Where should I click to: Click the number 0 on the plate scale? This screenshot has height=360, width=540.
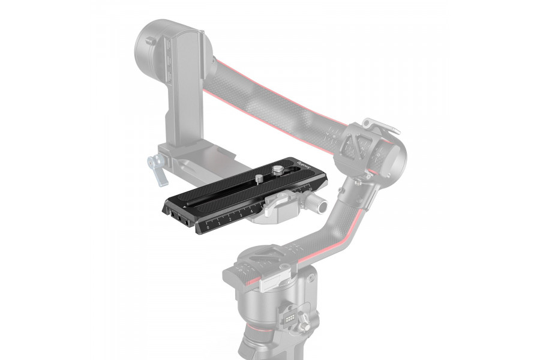point(208,228)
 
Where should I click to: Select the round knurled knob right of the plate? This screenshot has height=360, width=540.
point(322,206)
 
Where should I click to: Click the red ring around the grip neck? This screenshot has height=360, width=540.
point(258,349)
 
